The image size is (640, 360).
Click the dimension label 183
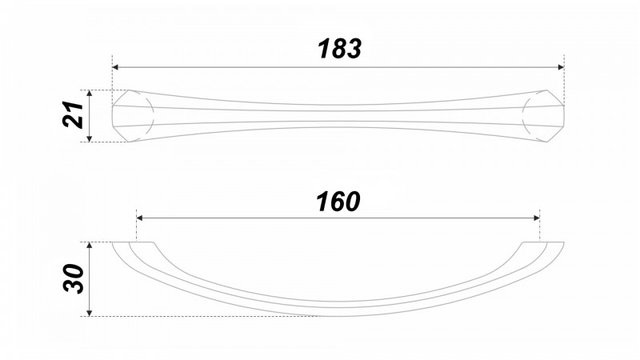[x=339, y=49]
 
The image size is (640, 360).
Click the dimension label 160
[x=338, y=202]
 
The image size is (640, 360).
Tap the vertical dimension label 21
[x=74, y=114]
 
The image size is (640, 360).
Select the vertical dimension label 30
[x=74, y=278]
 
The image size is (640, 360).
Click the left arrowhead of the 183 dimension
[x=115, y=67]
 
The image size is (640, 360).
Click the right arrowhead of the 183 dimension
[x=561, y=67]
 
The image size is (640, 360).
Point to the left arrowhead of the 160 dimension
[x=139, y=218]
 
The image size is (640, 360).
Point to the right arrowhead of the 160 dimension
[x=537, y=218]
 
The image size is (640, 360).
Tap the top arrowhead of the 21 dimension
[x=90, y=94]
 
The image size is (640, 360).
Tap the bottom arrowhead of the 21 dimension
[x=90, y=138]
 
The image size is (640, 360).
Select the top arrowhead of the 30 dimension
[x=90, y=246]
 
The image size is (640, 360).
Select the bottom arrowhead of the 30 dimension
[x=90, y=313]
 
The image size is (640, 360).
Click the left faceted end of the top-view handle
[x=131, y=116]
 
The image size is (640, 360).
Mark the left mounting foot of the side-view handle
[x=134, y=246]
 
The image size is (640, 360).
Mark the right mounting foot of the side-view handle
[x=543, y=246]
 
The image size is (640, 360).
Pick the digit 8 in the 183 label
[x=339, y=49]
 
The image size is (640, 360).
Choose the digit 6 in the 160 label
[x=338, y=202]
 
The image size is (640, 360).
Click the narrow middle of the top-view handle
[x=338, y=116]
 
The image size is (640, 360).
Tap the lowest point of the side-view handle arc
[x=338, y=316]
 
